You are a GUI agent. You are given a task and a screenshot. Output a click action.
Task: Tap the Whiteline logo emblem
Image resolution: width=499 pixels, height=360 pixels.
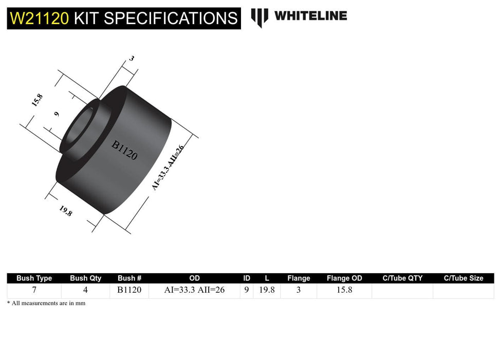point(260,17)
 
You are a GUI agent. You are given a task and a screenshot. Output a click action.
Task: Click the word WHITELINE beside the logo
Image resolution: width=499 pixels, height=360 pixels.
point(310,16)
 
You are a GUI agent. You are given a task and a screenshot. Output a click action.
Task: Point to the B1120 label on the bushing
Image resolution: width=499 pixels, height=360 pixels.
point(125,151)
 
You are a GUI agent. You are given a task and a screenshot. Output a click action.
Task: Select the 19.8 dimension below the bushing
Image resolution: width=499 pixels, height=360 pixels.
point(66,211)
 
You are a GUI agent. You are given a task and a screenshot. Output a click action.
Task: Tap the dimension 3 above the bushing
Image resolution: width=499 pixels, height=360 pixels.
point(131,59)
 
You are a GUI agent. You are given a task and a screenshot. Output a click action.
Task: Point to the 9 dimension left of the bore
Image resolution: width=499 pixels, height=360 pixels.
point(57,114)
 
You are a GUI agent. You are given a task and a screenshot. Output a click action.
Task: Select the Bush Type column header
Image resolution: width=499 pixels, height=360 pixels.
point(34,278)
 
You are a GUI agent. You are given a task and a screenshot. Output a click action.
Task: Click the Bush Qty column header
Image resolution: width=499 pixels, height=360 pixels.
point(85,278)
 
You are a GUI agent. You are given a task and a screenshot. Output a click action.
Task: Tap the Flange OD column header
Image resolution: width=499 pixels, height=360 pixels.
point(344,278)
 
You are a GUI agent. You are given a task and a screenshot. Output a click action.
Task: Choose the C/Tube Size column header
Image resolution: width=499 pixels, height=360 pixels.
point(464,278)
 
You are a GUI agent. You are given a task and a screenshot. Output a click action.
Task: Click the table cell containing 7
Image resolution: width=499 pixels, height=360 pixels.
point(34,290)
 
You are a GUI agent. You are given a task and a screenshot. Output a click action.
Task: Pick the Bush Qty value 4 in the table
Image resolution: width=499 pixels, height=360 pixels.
point(85,290)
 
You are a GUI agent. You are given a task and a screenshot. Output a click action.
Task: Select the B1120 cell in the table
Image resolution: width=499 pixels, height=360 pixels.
point(130,290)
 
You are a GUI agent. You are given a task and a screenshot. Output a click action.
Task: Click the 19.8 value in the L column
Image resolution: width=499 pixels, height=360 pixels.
point(266,290)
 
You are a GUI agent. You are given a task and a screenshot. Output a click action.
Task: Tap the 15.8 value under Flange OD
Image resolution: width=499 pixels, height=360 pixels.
point(344,290)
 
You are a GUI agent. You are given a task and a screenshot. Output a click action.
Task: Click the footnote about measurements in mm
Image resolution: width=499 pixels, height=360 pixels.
point(46,303)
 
